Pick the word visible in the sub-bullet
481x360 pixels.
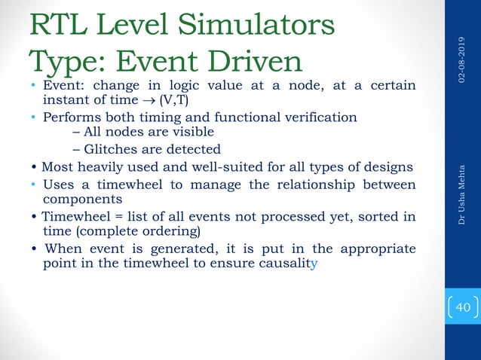[x=179, y=133]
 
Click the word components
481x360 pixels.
[x=83, y=200]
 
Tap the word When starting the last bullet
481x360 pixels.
[x=63, y=249]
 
